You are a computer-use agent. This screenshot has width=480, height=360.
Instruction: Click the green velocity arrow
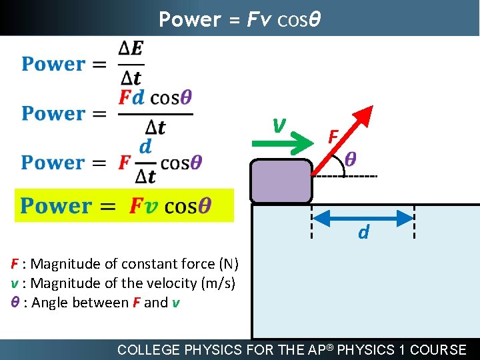click(x=273, y=141)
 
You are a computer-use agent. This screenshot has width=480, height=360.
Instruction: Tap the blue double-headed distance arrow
click(x=363, y=218)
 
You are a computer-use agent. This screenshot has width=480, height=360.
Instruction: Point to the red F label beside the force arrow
click(x=334, y=137)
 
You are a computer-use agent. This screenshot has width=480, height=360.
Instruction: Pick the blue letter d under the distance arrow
click(x=363, y=233)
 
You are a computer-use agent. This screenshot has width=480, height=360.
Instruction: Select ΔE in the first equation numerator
click(x=131, y=49)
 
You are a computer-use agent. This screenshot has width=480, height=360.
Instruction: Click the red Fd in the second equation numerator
click(x=131, y=97)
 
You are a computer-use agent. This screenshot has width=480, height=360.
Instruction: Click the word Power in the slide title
click(x=189, y=20)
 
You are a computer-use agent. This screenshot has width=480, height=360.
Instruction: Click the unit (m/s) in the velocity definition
click(x=217, y=283)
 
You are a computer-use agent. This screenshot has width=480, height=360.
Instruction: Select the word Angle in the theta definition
click(x=51, y=303)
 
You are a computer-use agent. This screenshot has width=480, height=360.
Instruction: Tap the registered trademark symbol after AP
click(x=331, y=345)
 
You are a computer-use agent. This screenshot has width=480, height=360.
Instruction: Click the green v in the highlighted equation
click(x=152, y=206)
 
